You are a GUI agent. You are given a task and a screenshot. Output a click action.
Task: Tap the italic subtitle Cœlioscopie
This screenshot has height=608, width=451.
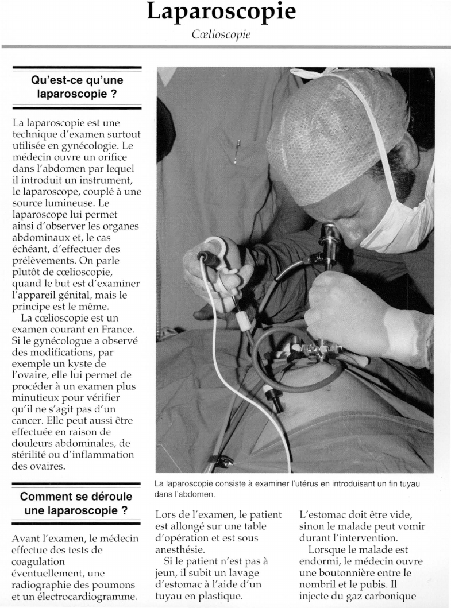(221, 34)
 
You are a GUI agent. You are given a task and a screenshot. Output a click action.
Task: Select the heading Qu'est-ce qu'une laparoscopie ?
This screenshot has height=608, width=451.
(76, 86)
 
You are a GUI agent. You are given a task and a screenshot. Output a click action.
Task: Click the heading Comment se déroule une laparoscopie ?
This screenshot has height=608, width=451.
(76, 503)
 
